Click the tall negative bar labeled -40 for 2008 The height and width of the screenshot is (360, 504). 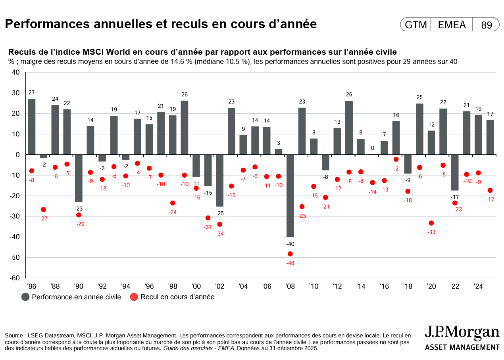click(290, 195)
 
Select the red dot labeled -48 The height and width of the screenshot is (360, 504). click(290, 254)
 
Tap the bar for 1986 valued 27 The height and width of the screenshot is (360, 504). click(32, 126)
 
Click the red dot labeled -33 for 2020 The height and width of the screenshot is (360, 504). click(431, 223)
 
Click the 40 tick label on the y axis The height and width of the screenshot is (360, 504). click(16, 72)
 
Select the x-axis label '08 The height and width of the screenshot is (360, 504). click(290, 286)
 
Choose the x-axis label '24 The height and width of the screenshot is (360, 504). click(478, 286)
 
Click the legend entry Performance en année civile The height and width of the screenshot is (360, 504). click(72, 297)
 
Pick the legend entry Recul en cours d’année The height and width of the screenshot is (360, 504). click(172, 297)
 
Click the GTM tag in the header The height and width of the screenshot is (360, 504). click(416, 25)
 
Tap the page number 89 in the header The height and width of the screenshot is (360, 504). click(487, 25)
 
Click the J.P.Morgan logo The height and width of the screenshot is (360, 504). click(462, 338)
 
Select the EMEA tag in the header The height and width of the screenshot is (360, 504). click(452, 25)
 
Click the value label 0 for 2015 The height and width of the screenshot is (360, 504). click(373, 148)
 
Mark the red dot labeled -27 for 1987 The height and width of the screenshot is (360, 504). click(44, 209)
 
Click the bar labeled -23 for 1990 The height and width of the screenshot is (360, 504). click(79, 178)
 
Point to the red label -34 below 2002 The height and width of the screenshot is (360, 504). click(219, 234)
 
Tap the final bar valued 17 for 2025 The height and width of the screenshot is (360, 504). click(490, 137)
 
